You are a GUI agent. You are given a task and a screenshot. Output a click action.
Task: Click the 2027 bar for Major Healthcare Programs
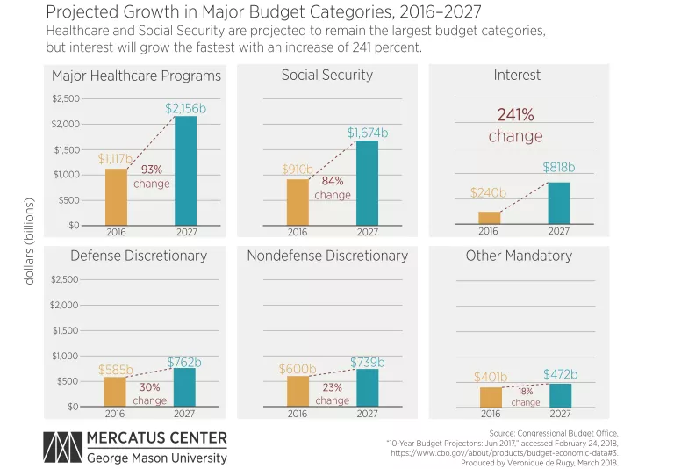[x=185, y=171]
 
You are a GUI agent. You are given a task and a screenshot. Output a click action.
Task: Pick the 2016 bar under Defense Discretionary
[x=116, y=392]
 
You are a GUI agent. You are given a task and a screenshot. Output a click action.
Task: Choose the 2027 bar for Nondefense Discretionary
[x=368, y=387]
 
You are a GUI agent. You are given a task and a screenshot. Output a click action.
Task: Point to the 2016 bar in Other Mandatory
[x=491, y=397]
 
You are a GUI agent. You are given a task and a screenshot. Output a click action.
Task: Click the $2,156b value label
[x=185, y=108]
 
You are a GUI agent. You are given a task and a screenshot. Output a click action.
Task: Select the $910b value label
[x=298, y=170]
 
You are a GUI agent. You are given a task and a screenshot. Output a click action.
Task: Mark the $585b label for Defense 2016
[x=115, y=370]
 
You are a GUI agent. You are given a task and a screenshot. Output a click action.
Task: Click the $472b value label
[x=560, y=375]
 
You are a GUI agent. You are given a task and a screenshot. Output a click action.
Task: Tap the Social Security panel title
[x=326, y=76]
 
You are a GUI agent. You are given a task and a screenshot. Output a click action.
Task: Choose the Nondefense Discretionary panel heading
[x=327, y=256]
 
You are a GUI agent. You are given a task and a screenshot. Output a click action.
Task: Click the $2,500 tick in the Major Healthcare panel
[x=65, y=98]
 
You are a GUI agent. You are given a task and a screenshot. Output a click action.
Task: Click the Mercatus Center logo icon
[x=61, y=447]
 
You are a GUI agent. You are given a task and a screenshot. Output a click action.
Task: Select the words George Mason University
[x=156, y=458]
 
